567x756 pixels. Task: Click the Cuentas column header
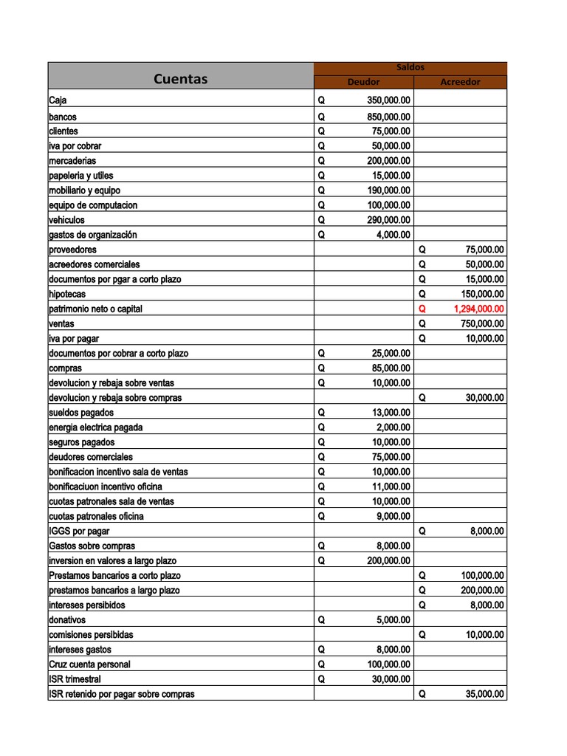pos(180,79)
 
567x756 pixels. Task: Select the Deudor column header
pos(363,82)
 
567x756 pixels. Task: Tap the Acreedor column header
pos(460,82)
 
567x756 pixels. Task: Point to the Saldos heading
pos(410,67)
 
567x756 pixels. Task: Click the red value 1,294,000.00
pos(478,309)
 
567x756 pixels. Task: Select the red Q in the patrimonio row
pos(422,309)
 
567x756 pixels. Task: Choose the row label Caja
pos(58,101)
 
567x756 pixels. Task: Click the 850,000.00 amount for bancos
pos(389,117)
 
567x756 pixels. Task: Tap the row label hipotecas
pos(67,294)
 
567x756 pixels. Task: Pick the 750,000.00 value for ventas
pos(482,324)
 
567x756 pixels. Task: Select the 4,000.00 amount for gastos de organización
pos(393,235)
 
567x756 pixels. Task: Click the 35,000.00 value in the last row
pos(484,694)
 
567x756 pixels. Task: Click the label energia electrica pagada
pos(96,427)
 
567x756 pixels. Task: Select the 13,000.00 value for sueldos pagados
pos(391,413)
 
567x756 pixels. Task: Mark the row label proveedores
pos(72,250)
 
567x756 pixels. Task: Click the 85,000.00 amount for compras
pos(391,368)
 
